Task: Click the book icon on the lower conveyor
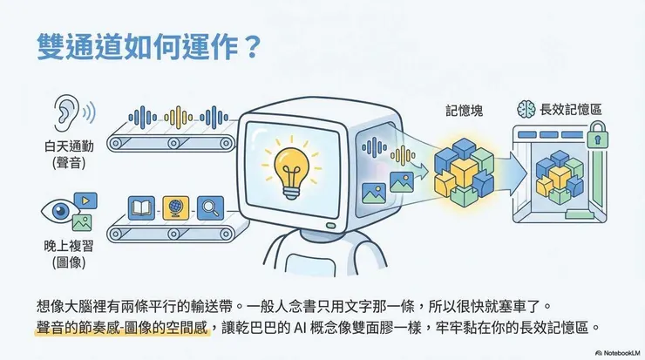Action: point(141,207)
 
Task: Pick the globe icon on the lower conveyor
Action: point(175,207)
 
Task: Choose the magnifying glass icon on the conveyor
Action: point(210,207)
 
